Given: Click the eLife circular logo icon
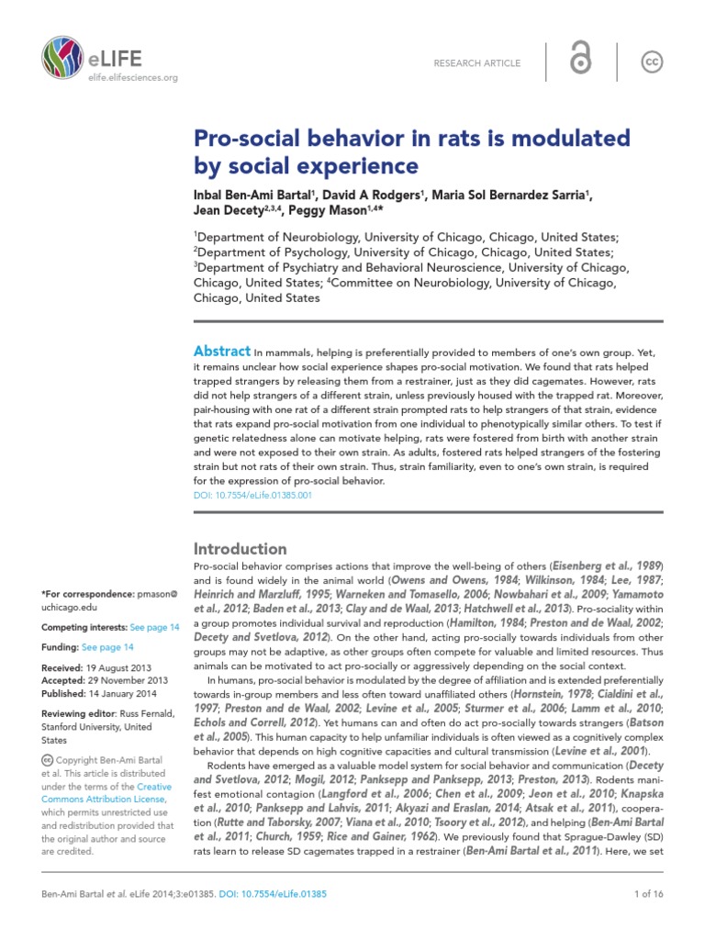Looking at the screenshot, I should click(x=62, y=60).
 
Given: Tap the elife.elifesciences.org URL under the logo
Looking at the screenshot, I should click(x=132, y=79).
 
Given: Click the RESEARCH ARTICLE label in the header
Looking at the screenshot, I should click(x=477, y=63).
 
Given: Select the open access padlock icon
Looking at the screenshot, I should click(x=581, y=62).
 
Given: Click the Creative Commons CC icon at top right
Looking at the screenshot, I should click(x=653, y=62).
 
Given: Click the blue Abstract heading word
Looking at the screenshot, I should click(x=222, y=352).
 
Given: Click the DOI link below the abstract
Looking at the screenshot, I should click(x=252, y=494).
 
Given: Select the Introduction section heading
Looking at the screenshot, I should click(x=240, y=549).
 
